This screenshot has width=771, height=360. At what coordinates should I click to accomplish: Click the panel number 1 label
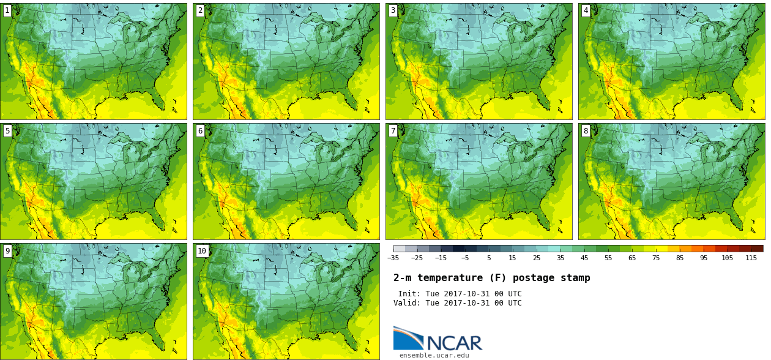(7, 10)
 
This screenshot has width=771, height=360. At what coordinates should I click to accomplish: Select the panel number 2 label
(200, 10)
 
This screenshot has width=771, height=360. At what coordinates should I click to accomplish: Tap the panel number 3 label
(393, 10)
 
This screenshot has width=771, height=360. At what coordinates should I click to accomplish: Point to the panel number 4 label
(586, 10)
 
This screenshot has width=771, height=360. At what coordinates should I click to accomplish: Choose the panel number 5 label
(7, 130)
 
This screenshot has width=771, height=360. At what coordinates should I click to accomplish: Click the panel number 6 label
(200, 130)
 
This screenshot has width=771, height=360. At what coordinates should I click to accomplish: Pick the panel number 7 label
(393, 130)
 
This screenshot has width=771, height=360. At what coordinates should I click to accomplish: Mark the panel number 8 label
(586, 130)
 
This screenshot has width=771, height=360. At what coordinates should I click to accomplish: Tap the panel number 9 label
(7, 250)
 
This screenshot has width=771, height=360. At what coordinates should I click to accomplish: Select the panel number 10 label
(202, 250)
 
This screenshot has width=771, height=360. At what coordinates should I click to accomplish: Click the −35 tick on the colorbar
(393, 258)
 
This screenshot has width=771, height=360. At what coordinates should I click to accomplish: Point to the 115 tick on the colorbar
(751, 258)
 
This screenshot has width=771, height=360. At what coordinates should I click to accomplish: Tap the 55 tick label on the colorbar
(608, 258)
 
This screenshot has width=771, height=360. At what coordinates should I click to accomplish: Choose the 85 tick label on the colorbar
(680, 258)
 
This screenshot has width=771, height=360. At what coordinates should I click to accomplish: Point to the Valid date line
(458, 303)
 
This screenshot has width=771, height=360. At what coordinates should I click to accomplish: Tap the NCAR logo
(438, 340)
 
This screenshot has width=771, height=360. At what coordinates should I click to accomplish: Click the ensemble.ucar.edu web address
(434, 355)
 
